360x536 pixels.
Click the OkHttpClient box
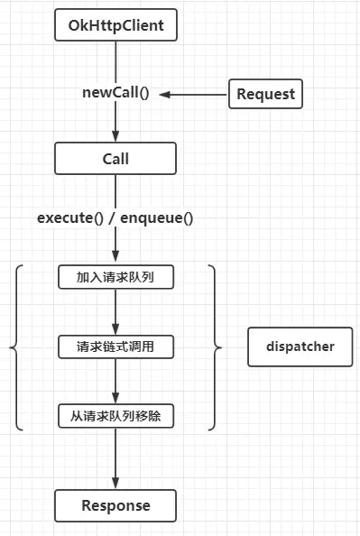(115, 26)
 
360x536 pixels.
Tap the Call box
(115, 159)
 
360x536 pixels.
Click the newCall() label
(116, 94)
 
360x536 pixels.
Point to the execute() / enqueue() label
(115, 217)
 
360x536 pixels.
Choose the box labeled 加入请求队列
(115, 277)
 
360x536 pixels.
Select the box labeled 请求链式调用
(115, 347)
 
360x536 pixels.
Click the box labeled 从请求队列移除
(115, 417)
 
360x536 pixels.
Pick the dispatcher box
(300, 347)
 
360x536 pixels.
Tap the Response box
(115, 504)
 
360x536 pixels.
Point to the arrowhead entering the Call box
(115, 137)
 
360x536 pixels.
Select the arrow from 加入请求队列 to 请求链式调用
(115, 311)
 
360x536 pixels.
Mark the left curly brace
(16, 347)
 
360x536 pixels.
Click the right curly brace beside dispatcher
(213, 347)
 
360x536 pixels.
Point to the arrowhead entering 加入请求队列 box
(115, 258)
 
